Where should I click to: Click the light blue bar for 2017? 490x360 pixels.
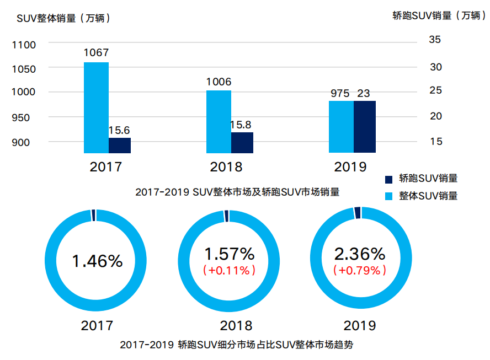pyautogui.click(x=96, y=108)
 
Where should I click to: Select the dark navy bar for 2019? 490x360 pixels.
pyautogui.click(x=364, y=127)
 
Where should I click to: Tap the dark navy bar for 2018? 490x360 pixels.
pyautogui.click(x=242, y=142)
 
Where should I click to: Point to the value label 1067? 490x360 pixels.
pyautogui.click(x=96, y=53)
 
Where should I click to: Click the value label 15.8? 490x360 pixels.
pyautogui.click(x=242, y=125)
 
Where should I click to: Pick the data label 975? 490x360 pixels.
pyautogui.click(x=340, y=93)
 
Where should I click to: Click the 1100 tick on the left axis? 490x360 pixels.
pyautogui.click(x=24, y=44)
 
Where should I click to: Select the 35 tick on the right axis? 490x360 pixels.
pyautogui.click(x=435, y=40)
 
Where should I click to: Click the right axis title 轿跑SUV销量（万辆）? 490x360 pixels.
pyautogui.click(x=439, y=15)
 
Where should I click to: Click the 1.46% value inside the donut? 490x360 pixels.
pyautogui.click(x=97, y=261)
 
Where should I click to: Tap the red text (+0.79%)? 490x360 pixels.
pyautogui.click(x=359, y=271)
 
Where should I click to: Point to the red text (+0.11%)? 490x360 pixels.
pyautogui.click(x=229, y=271)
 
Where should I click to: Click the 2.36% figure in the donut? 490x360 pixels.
pyautogui.click(x=359, y=254)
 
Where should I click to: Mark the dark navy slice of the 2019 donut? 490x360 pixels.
pyautogui.click(x=358, y=213)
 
